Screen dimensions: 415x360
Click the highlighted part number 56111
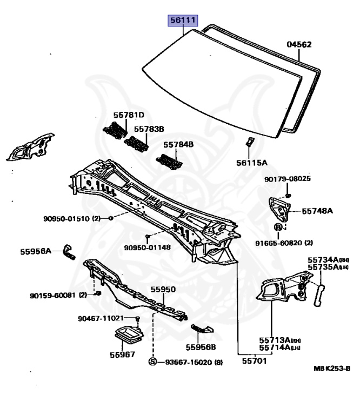[x=183, y=22]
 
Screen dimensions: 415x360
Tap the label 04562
[x=299, y=44]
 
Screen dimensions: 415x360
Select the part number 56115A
[x=251, y=162]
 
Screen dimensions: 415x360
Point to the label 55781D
[x=129, y=115]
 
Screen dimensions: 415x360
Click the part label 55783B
[x=149, y=129]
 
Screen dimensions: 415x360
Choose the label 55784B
[x=178, y=145]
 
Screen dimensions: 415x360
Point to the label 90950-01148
[x=147, y=247]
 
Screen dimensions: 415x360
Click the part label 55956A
[x=36, y=251]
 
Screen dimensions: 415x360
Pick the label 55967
[x=123, y=354]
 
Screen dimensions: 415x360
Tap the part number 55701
[x=254, y=360]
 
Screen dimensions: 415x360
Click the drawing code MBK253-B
[x=332, y=369]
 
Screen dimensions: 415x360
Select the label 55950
[x=163, y=290]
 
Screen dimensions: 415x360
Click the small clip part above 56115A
[x=249, y=142]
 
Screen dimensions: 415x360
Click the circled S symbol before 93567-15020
[x=152, y=362]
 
